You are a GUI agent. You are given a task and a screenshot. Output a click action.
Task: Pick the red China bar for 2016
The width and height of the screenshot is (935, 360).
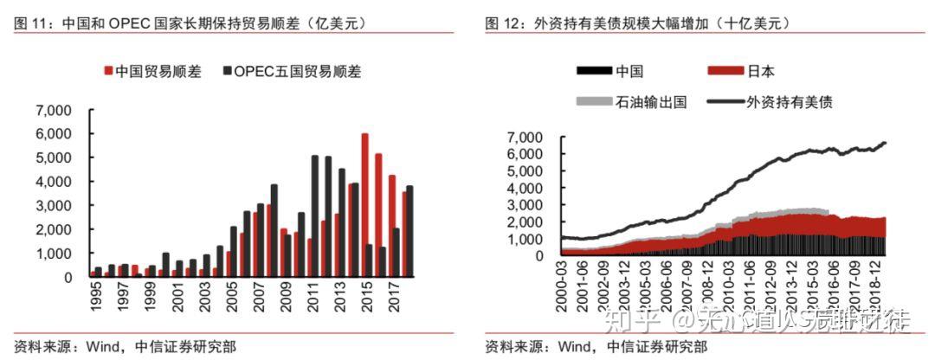[377, 215]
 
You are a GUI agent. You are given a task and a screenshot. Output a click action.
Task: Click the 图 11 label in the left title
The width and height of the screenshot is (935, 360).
[33, 24]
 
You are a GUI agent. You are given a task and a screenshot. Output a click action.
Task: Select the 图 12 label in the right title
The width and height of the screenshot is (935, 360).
[504, 24]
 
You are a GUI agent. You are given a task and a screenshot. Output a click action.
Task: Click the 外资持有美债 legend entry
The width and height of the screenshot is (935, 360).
[794, 102]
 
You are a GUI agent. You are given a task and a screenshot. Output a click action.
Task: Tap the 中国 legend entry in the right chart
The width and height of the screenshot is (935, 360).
[629, 71]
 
